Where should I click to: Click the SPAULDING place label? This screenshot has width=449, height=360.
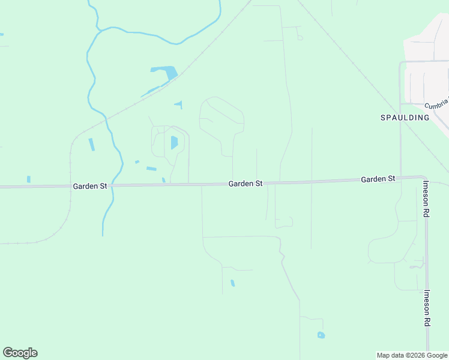[405, 118]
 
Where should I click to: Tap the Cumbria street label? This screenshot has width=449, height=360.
[436, 105]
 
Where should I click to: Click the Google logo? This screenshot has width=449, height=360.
[20, 353]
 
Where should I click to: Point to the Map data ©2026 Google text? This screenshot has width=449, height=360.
[412, 355]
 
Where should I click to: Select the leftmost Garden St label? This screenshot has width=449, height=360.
[90, 186]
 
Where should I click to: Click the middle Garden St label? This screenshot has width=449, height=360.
[246, 184]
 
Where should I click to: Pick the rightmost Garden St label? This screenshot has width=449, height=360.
[378, 179]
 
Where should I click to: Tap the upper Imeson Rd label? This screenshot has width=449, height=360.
[426, 198]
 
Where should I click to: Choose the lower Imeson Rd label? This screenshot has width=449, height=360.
[427, 308]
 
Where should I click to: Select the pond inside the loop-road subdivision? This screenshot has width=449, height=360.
[174, 143]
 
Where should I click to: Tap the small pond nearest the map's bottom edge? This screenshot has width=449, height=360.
[321, 335]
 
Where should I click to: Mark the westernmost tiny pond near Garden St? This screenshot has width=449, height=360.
[28, 179]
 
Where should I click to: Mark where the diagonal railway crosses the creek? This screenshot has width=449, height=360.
[106, 116]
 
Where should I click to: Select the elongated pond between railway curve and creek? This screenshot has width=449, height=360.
[91, 145]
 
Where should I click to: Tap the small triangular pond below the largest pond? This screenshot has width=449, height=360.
[179, 104]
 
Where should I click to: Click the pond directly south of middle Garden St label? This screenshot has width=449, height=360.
[232, 283]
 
